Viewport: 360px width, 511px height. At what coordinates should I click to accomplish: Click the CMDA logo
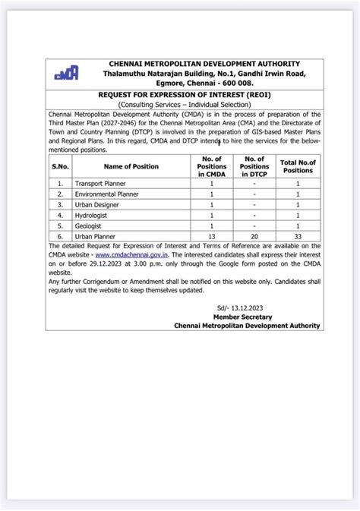click(x=66, y=73)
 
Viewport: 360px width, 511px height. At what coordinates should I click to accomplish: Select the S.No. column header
click(x=61, y=165)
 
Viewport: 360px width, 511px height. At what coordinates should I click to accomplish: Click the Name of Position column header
click(x=126, y=165)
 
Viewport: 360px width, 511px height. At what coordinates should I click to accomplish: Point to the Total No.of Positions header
click(x=298, y=165)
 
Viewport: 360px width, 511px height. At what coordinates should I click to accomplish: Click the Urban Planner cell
click(x=93, y=236)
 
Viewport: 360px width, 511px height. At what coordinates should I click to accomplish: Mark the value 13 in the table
click(x=211, y=236)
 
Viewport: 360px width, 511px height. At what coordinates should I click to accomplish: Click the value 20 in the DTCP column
click(x=254, y=236)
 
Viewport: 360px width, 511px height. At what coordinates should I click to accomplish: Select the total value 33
click(x=298, y=236)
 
